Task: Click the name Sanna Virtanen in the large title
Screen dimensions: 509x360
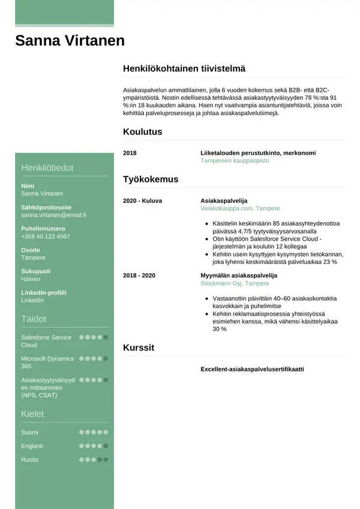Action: pos(70,41)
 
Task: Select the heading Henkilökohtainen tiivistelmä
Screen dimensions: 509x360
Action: pos(184,69)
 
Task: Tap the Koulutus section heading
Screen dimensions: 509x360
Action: pos(142,131)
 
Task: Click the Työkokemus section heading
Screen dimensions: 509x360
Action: pos(150,179)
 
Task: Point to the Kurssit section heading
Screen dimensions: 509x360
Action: pos(139,348)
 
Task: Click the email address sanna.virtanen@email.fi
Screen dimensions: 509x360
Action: pos(53,215)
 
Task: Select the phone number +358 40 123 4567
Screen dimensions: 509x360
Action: pos(45,236)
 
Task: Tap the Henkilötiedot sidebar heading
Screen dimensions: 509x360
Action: pos(47,167)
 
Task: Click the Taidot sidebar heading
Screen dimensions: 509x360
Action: pos(34,319)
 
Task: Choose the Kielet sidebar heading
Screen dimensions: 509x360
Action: pos(32,414)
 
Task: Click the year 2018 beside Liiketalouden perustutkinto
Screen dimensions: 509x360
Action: pos(130,153)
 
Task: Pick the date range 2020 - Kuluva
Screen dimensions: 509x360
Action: pos(142,200)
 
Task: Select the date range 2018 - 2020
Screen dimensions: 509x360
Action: pos(139,276)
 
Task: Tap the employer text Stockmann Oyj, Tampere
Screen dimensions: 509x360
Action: pos(235,283)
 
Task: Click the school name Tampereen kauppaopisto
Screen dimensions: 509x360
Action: pos(235,161)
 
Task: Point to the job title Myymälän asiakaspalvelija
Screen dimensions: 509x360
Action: pos(238,276)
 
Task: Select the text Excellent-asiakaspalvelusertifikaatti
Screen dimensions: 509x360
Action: pos(252,369)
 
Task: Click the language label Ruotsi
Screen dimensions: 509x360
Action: pos(30,460)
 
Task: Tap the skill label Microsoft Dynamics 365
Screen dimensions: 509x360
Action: pos(47,362)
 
